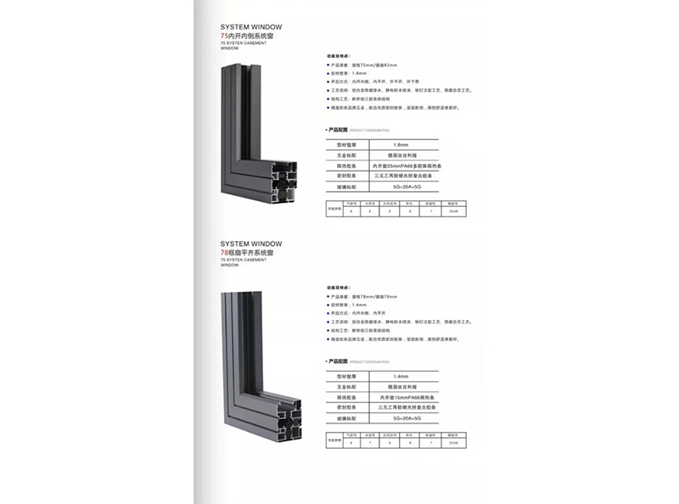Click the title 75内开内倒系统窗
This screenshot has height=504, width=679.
click(x=250, y=37)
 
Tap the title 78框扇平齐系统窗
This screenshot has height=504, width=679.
click(x=252, y=253)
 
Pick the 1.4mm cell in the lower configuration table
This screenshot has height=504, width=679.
click(x=401, y=375)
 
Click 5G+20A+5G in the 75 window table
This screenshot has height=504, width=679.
click(x=401, y=187)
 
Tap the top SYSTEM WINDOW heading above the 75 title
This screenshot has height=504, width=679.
click(x=250, y=27)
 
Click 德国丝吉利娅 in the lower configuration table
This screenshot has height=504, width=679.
click(x=401, y=386)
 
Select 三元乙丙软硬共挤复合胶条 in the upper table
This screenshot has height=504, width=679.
click(x=401, y=176)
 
